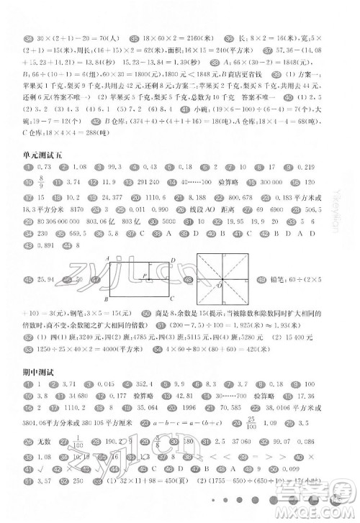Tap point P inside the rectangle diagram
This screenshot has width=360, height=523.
click(x=144, y=274)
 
